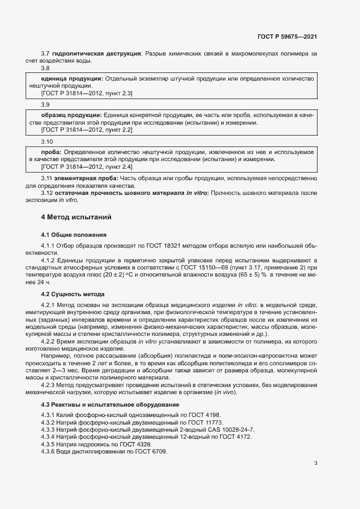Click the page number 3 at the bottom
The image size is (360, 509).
pos(315,463)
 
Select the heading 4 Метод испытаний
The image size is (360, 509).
pos(76,217)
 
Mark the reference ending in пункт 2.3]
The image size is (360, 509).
pos(87,94)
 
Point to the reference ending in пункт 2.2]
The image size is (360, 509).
pos(87,130)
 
